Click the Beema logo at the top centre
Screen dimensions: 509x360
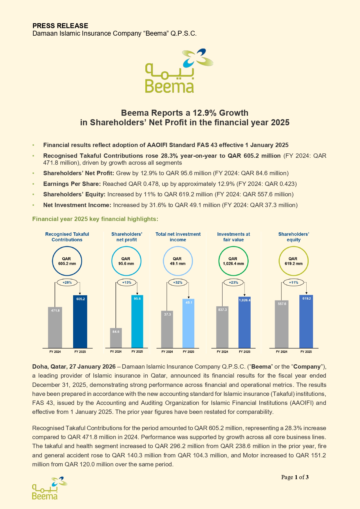(x=174, y=71)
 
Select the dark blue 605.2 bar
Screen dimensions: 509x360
(x=80, y=322)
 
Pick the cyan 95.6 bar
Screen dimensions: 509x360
(x=137, y=322)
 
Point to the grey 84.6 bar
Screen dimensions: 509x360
(x=116, y=338)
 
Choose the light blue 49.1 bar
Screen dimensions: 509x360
(x=189, y=324)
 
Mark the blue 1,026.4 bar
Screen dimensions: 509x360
(x=245, y=323)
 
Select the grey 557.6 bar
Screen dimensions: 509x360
(x=282, y=324)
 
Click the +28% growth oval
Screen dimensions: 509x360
(x=67, y=282)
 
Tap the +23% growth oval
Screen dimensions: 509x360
(x=234, y=282)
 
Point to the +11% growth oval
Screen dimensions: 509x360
(x=294, y=282)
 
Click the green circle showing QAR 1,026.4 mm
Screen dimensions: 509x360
(x=233, y=261)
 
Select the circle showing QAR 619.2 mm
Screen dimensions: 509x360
(x=293, y=261)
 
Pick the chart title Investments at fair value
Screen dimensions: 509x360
(x=234, y=237)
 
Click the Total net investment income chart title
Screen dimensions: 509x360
(x=178, y=237)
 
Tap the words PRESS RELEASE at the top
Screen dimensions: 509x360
(x=60, y=26)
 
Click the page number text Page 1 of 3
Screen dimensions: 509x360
(x=295, y=477)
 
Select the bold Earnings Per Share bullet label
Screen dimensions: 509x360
(x=72, y=184)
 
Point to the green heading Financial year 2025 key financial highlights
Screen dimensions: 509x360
(x=95, y=219)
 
